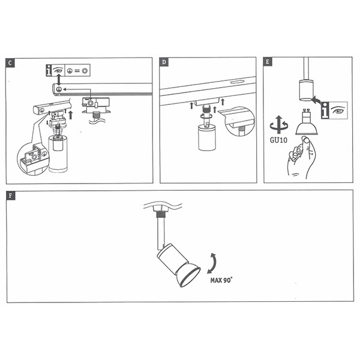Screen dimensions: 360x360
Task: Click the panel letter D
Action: pos(164,63)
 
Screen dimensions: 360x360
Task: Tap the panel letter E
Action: pos(268,63)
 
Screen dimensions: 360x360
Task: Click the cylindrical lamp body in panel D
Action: pos(206,139)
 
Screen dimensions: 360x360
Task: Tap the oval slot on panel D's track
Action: pos(236,82)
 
